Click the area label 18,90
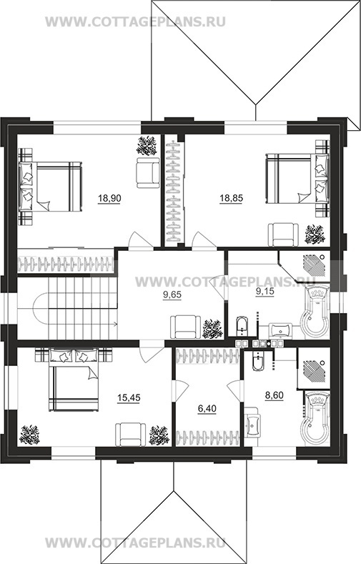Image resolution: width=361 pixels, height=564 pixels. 109,198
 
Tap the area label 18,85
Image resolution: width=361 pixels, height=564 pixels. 231,198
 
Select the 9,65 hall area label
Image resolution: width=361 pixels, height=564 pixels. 172,295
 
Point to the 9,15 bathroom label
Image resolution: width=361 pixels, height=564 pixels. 264,292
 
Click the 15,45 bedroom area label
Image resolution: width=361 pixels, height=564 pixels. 129,398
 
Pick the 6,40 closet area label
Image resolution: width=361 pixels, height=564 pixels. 207,409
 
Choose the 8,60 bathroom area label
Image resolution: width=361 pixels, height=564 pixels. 274,396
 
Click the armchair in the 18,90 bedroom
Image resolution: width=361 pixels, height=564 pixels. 148,173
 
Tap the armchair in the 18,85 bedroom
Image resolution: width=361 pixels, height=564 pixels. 283,234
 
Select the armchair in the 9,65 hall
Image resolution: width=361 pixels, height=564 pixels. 185,327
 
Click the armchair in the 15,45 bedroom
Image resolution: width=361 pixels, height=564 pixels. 131,434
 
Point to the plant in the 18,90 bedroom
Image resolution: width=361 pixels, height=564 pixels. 147,145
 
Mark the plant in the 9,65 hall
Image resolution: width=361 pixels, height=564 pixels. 213,328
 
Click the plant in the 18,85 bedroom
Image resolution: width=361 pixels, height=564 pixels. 315,234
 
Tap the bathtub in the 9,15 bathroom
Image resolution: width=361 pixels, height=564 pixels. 317,310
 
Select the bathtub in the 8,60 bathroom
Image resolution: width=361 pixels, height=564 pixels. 315,418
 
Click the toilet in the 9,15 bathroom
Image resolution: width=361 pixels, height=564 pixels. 242,326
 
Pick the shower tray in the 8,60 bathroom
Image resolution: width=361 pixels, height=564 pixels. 314,368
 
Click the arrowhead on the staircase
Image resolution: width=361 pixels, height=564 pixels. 115,325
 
